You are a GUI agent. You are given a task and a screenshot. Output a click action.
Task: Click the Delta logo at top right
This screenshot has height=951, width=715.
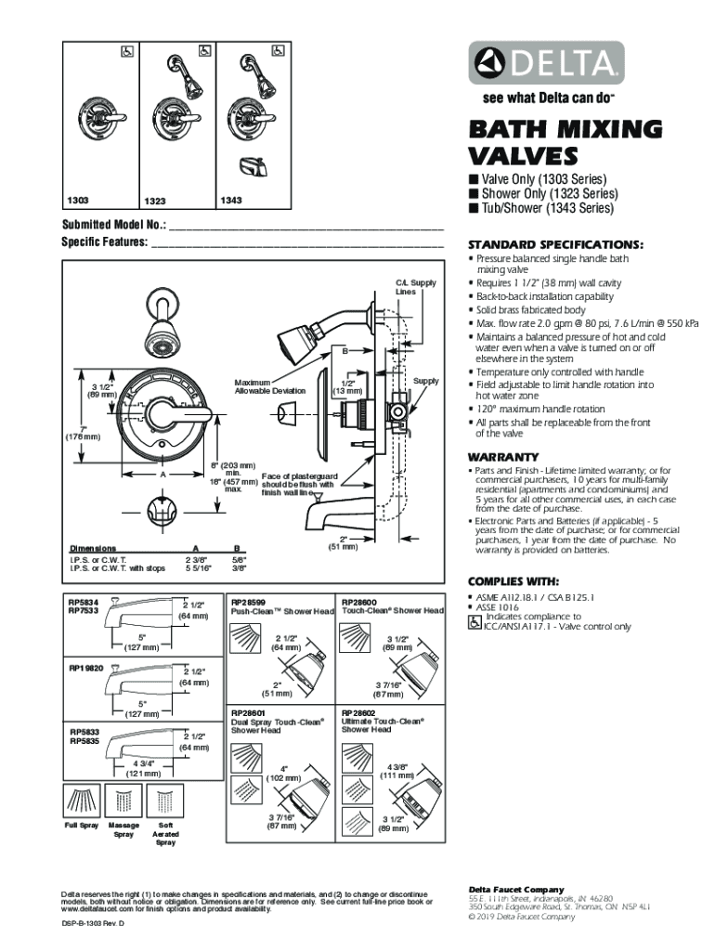click(x=544, y=62)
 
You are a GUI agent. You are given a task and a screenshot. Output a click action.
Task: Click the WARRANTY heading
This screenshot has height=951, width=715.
click(x=503, y=457)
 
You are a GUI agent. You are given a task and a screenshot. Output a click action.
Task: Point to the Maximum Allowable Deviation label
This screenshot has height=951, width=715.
click(x=269, y=386)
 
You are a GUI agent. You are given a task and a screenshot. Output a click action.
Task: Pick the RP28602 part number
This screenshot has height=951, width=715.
click(x=359, y=711)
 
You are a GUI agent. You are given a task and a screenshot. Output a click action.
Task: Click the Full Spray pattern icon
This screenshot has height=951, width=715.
click(x=82, y=801)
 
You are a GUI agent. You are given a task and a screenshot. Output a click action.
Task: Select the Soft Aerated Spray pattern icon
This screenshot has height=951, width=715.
click(x=164, y=801)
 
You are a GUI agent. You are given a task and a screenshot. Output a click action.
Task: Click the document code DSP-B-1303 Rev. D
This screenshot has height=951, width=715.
click(x=92, y=926)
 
